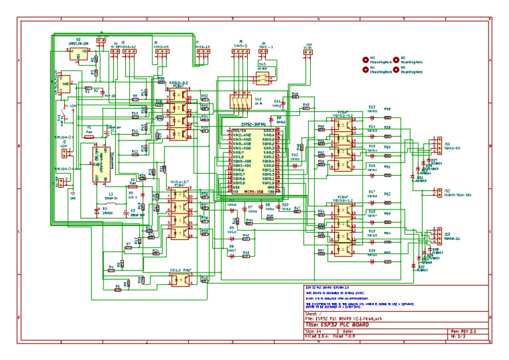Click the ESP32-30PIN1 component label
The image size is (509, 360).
point(253,123)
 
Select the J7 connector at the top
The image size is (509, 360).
point(202,52)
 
